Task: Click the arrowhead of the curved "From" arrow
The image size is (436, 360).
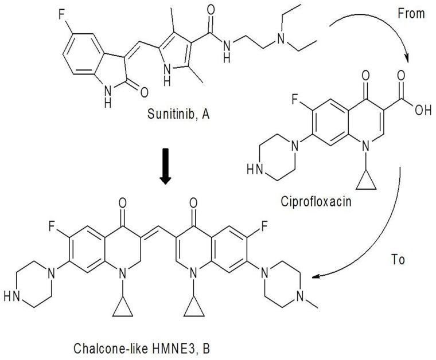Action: [x=408, y=59]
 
